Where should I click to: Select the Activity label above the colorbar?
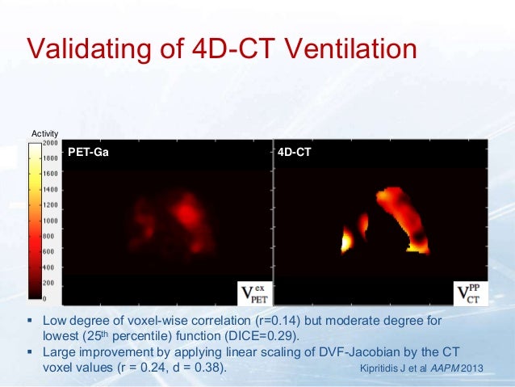tap(41, 134)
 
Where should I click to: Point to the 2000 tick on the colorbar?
tap(49, 142)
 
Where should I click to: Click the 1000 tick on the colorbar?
tap(49, 220)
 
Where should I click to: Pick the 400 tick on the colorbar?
tap(49, 267)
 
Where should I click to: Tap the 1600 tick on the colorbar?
tap(49, 173)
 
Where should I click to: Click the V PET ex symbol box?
tap(253, 292)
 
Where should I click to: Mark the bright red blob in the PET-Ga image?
tap(186, 212)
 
